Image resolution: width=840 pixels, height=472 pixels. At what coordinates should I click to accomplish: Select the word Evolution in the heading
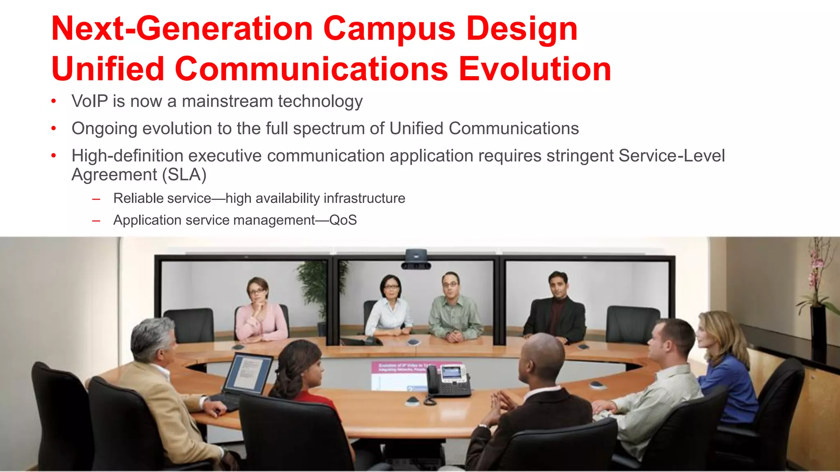tap(534, 69)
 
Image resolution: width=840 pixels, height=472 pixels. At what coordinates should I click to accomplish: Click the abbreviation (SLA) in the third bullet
tap(184, 175)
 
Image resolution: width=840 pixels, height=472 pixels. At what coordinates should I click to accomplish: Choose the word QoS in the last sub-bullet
tap(343, 220)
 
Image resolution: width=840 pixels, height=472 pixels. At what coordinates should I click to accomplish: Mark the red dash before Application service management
tap(96, 221)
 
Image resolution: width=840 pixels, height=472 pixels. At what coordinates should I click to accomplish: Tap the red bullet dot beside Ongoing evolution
tap(54, 128)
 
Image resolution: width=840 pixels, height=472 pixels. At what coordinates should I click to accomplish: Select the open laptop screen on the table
tap(247, 373)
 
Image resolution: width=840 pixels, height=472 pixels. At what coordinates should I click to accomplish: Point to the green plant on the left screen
tap(316, 287)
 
